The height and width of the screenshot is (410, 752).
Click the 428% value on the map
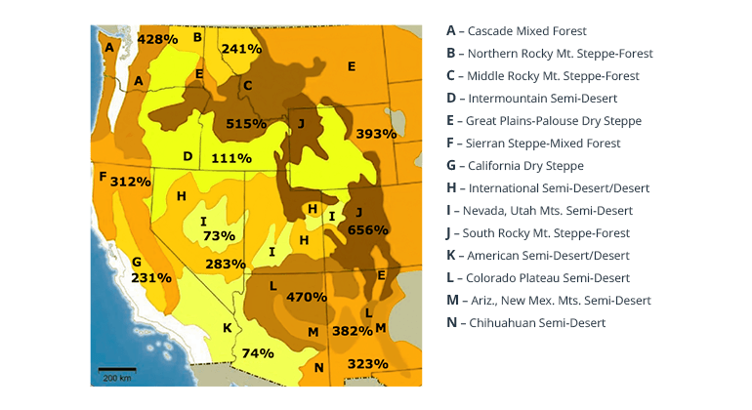point(157,39)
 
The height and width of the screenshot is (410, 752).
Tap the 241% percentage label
point(241,49)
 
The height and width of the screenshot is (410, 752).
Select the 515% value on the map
point(245,124)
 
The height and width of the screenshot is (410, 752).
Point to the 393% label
point(376,134)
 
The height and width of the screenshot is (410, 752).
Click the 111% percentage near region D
point(231,158)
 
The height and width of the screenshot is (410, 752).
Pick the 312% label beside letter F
point(130,182)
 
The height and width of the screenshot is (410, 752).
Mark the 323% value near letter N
point(367,364)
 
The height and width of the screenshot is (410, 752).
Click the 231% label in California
point(151,277)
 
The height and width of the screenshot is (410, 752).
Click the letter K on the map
point(227,328)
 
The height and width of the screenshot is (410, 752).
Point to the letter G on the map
point(137,262)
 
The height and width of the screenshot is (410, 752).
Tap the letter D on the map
point(188,156)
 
